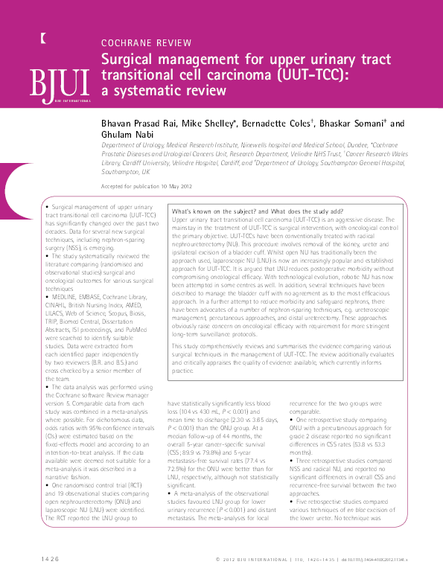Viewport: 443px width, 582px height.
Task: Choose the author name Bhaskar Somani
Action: click(x=354, y=124)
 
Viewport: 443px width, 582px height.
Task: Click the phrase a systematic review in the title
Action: click(x=162, y=91)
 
